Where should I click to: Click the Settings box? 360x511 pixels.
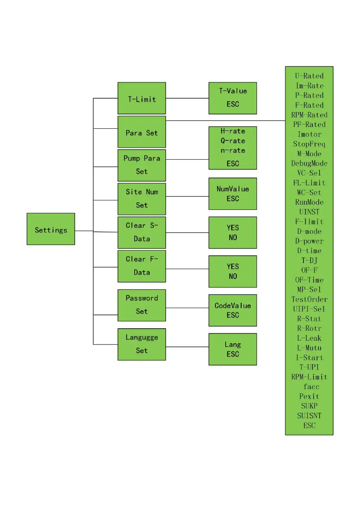51,229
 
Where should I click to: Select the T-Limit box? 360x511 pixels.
142,98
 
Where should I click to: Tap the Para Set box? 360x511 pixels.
142,132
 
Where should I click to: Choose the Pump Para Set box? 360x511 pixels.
142,165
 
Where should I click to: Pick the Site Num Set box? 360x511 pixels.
142,199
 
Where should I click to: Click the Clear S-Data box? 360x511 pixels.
142,232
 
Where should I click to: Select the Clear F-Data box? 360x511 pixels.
142,266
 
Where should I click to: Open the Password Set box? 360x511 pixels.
142,305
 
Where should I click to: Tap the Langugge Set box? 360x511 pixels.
142,344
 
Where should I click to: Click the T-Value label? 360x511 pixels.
233,91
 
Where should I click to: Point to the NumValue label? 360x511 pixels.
233,189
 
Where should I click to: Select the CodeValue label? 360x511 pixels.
233,305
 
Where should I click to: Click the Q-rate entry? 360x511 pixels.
233,141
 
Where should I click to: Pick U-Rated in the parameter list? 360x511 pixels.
309,76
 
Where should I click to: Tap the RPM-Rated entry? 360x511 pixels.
309,115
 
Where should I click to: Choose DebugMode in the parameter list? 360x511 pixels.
309,163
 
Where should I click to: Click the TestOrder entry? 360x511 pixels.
309,299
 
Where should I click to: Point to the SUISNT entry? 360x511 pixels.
309,415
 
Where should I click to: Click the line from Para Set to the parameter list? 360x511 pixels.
225,121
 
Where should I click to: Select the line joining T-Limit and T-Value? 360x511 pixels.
187,98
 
